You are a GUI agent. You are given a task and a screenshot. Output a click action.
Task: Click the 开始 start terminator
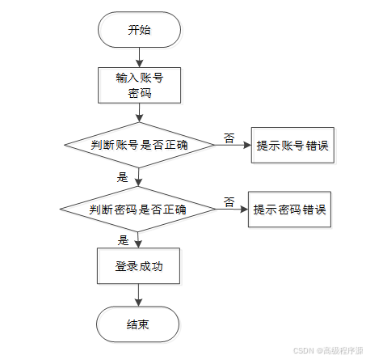pos(139,30)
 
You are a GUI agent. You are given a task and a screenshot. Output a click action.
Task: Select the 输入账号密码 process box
pos(139,85)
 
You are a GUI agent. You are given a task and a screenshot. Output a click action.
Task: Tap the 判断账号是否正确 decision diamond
pos(140,145)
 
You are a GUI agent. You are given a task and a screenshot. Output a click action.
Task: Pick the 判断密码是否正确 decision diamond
pos(138,210)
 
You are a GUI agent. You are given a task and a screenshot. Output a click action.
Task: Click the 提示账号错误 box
pos(292,145)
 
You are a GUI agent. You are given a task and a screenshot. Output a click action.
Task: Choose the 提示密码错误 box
pos(289,210)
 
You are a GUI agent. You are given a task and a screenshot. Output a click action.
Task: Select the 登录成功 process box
pos(138,266)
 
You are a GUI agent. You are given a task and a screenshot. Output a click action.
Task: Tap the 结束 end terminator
pos(138,324)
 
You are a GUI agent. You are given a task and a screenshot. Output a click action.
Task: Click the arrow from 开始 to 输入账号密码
pos(139,57)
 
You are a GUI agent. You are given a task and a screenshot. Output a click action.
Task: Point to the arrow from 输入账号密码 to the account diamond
pos(139,112)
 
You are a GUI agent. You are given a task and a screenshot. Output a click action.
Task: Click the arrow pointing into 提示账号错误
pos(233,145)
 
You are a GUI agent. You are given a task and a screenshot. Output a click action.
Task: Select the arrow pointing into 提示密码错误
pos(232,210)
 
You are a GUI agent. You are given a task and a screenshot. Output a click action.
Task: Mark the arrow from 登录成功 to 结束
pos(138,295)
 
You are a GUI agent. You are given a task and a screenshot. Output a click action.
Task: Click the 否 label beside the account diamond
pos(229,138)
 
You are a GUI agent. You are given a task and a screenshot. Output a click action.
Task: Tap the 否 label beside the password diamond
pos(229,202)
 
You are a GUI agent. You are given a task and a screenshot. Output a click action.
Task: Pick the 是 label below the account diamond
pos(122,177)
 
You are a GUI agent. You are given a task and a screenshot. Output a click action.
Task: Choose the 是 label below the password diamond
pos(123,240)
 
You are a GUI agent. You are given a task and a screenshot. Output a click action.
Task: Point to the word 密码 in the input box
pos(139,93)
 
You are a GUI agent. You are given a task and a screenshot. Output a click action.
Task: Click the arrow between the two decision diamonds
pos(138,177)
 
